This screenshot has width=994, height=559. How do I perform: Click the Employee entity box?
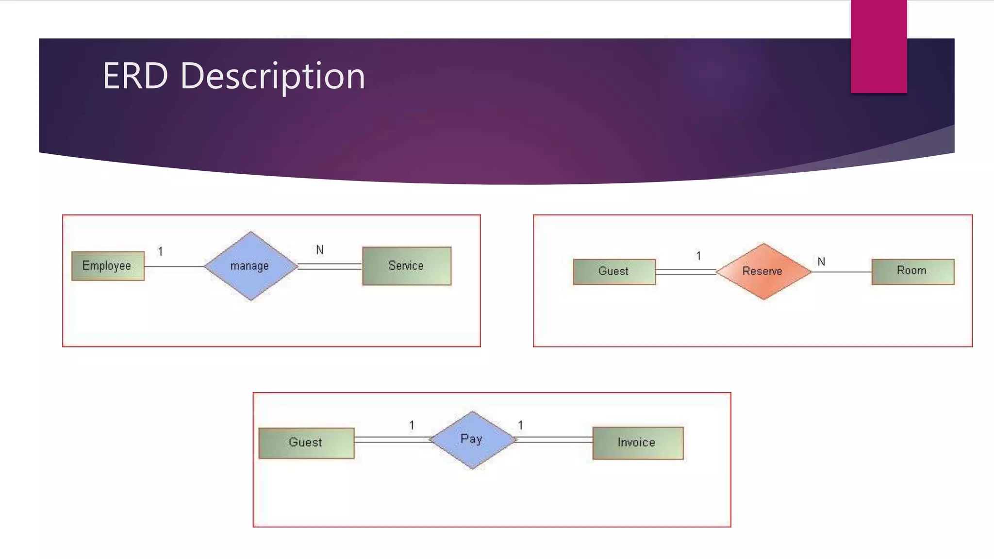pos(108,266)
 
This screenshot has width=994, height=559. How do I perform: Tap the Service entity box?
pos(407,266)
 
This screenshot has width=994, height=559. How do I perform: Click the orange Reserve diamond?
pos(763,271)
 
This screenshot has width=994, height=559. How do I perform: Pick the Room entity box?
pos(912,271)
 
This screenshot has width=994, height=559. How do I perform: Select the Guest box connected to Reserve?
pos(614,271)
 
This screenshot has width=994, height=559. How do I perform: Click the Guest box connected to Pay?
pos(306,443)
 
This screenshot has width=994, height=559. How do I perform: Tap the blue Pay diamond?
pos(472,440)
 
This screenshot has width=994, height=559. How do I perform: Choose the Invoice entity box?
pos(637,443)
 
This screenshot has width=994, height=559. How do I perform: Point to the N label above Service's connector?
pos(320,250)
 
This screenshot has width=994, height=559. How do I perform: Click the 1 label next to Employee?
pos(161,252)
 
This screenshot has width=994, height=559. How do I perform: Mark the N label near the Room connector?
pos(821,262)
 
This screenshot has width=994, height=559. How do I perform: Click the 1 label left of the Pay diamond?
pos(412,426)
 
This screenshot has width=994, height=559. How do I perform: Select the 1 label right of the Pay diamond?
pos(520,426)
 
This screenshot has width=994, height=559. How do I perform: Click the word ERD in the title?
pos(135,76)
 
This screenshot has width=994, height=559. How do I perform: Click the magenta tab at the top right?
pos(878,46)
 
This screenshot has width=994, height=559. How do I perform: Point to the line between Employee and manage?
pos(175,266)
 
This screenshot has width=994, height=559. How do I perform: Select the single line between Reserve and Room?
pos(842,272)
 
